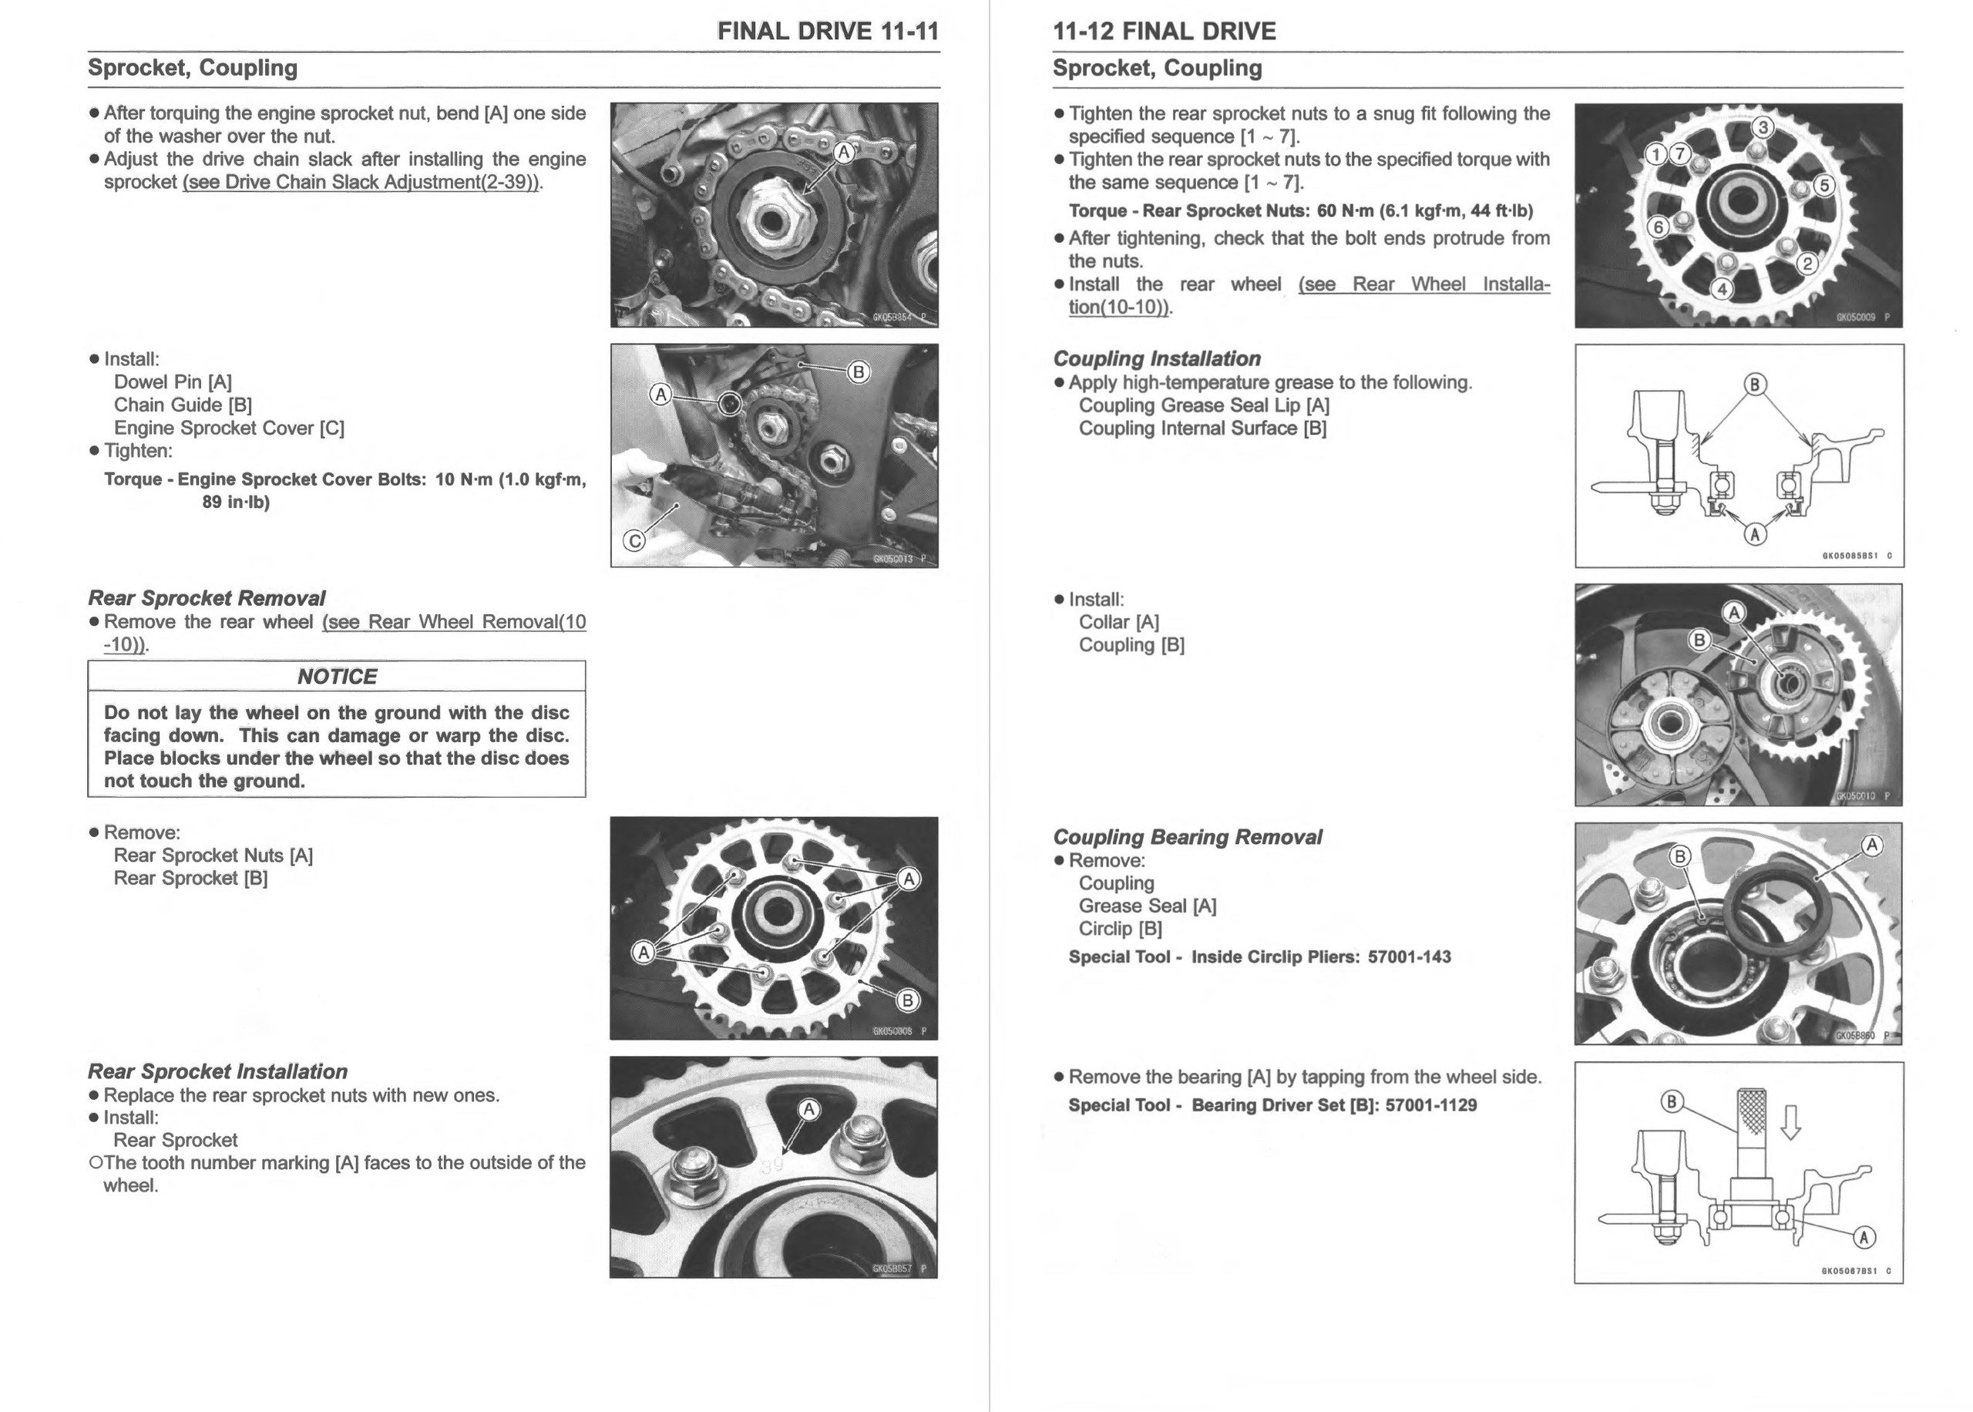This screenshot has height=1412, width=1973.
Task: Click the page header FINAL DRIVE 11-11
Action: (x=828, y=32)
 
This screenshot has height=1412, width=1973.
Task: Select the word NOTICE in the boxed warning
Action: (x=338, y=677)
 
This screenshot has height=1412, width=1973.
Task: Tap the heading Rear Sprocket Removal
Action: (x=207, y=598)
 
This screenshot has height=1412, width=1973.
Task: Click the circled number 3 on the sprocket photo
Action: (x=1763, y=128)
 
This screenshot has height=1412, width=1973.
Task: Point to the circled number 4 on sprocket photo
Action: (x=1722, y=289)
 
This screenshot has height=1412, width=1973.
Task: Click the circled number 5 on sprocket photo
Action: (x=1823, y=185)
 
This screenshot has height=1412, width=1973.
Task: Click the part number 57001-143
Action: (x=1409, y=956)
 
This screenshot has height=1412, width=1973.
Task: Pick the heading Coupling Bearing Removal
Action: (x=1188, y=836)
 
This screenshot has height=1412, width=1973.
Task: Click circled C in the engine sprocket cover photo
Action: (x=634, y=541)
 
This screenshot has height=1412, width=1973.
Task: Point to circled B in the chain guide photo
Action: (x=858, y=372)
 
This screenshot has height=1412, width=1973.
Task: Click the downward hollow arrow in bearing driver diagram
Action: (x=1790, y=1121)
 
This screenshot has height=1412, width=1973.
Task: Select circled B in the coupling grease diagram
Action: (x=1755, y=385)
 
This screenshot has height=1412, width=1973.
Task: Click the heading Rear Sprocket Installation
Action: (x=217, y=1071)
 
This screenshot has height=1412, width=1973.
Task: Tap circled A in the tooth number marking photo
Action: (x=808, y=1109)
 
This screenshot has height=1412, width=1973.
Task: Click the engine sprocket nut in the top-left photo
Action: (x=768, y=217)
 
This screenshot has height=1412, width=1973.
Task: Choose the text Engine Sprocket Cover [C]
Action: (x=230, y=428)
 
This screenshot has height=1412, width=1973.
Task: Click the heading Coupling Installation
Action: (x=1157, y=358)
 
